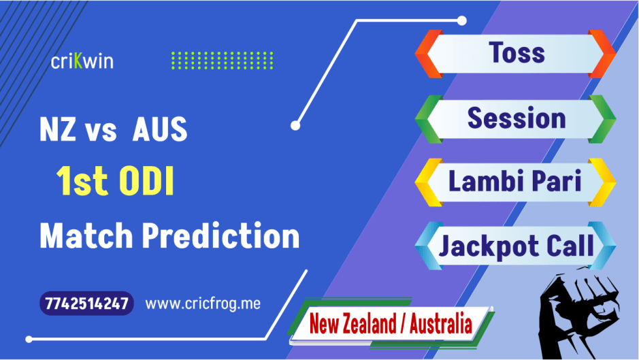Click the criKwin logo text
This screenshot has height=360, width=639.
coord(82,61)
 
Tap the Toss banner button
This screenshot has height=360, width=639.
coord(517,53)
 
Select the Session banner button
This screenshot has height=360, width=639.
coord(517,118)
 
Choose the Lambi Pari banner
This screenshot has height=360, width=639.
coord(517,182)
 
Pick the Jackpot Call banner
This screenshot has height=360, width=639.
coord(517,246)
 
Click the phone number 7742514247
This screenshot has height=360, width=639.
coord(86,304)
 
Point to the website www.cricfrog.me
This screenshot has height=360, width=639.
coord(203,304)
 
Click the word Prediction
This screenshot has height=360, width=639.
coord(220,237)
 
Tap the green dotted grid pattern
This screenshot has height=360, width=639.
coord(221,61)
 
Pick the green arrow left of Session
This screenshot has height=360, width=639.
coord(427,118)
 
